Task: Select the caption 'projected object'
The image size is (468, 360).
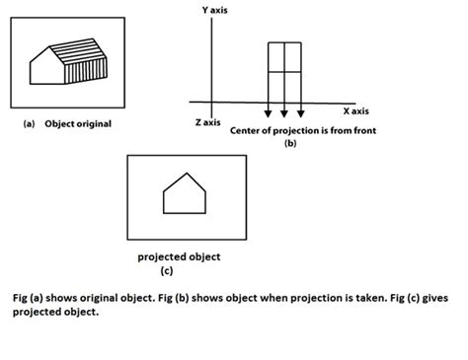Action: click(x=179, y=257)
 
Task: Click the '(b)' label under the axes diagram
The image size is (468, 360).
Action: click(x=289, y=144)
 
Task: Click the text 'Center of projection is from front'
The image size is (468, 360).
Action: click(x=302, y=131)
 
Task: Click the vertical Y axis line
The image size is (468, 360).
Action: click(x=210, y=59)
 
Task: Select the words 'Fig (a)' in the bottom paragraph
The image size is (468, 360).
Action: click(x=31, y=298)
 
